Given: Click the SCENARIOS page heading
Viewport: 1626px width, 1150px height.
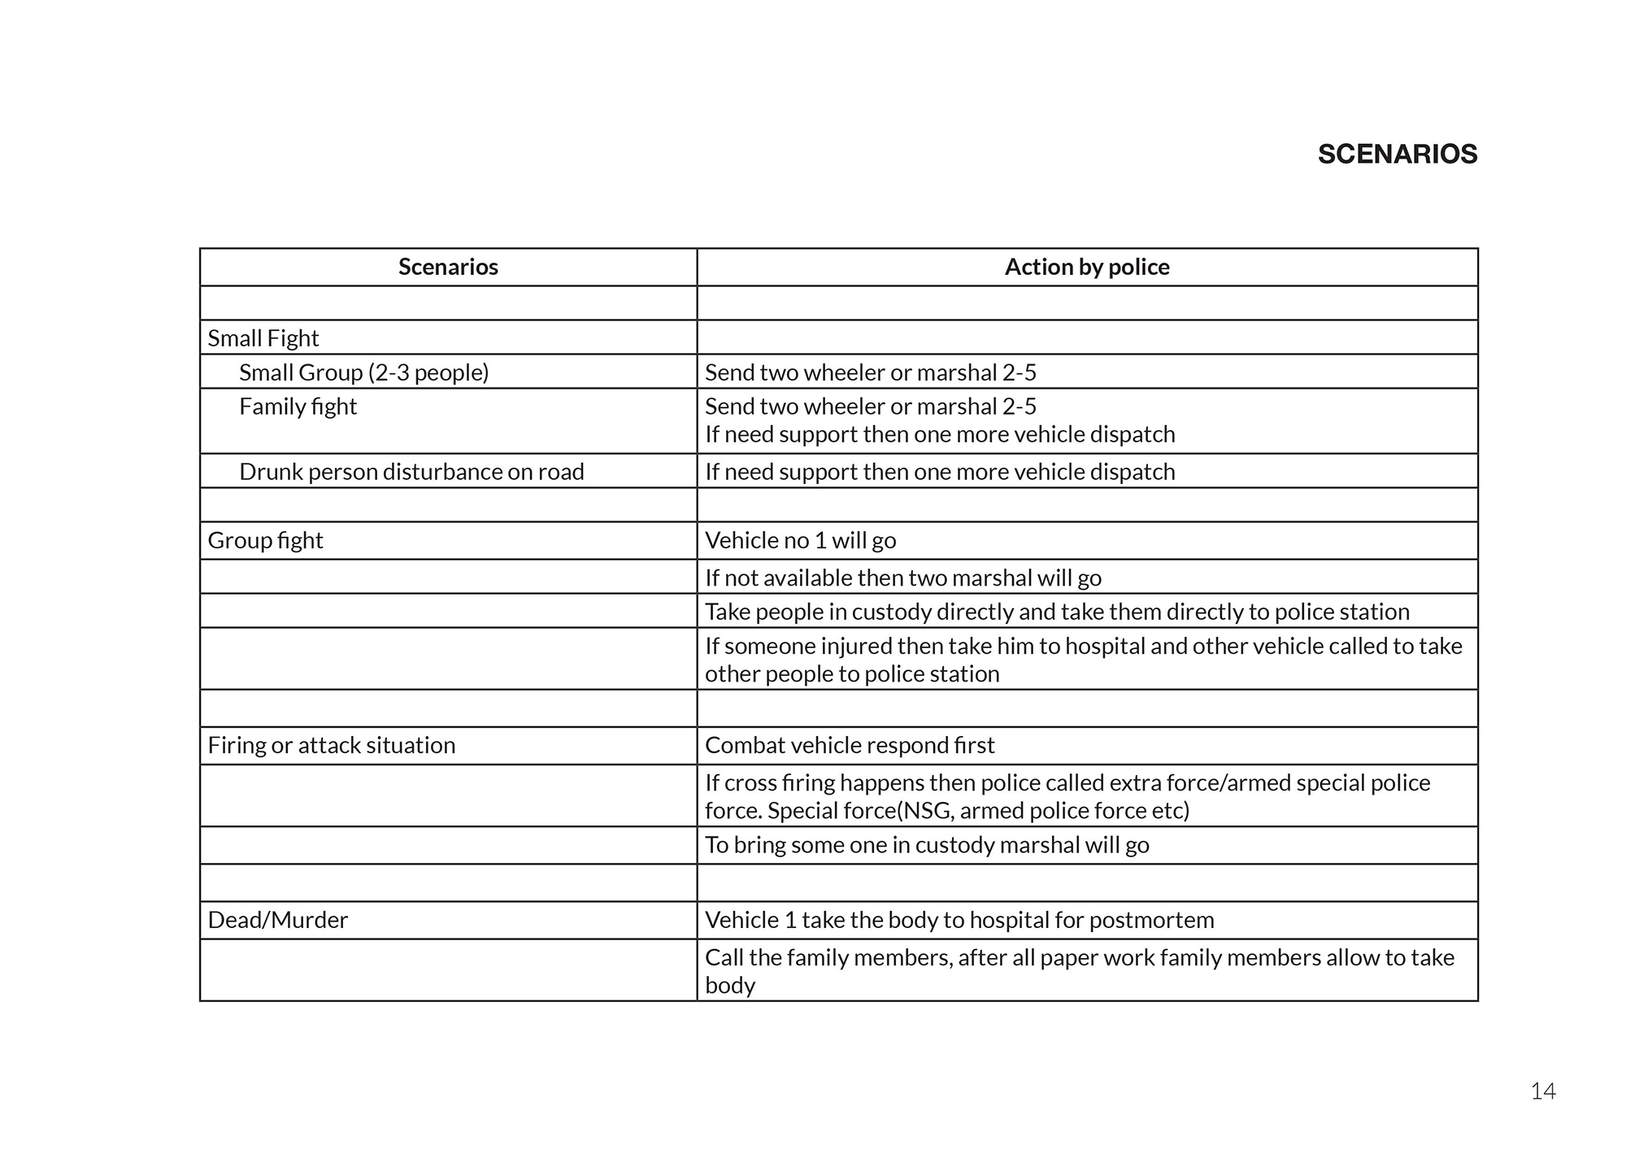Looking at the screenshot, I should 1397,155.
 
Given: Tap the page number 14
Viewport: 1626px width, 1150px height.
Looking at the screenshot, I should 1542,1091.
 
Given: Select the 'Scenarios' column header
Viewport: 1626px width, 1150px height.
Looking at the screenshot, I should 448,268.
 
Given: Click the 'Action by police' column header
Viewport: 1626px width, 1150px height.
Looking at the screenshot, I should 1087,268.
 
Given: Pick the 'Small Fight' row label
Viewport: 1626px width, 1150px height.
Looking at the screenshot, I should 263,338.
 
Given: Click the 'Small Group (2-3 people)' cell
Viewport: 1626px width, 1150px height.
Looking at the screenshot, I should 363,372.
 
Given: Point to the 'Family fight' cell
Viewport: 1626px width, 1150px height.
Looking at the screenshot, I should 298,407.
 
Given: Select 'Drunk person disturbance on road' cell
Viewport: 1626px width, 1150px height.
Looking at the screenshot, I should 411,472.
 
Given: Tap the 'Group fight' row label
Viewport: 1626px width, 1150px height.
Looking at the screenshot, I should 265,541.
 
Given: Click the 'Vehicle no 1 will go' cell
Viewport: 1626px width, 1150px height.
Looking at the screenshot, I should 800,541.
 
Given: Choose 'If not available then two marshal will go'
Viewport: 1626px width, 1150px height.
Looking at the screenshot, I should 902,578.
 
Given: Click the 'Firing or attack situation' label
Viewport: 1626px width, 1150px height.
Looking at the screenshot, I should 331,746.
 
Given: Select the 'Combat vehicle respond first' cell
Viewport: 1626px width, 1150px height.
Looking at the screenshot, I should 850,746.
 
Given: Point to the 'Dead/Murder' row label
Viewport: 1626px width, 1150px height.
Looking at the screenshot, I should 277,921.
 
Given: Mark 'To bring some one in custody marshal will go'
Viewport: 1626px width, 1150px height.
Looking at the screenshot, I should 927,846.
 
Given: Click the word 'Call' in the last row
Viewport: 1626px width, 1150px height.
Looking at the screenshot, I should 724,958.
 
